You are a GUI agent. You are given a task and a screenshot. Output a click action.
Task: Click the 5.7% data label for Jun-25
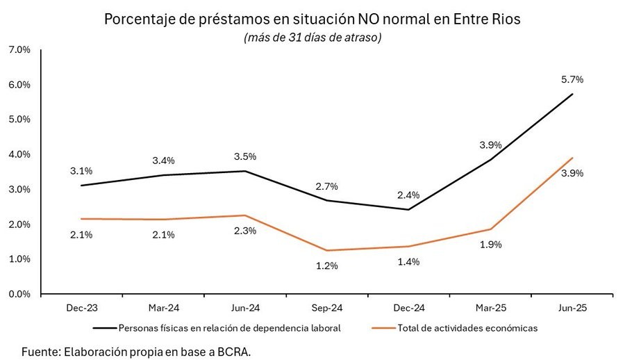click(x=572, y=79)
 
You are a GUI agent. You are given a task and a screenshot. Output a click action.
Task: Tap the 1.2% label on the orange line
click(x=327, y=265)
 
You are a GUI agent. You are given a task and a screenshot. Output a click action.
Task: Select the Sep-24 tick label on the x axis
click(x=327, y=309)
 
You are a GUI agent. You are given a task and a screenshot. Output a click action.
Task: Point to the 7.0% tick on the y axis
click(x=19, y=50)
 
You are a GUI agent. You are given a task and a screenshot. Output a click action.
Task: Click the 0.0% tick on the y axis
click(x=19, y=294)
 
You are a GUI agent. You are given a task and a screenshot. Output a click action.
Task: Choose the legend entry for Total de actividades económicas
click(x=466, y=327)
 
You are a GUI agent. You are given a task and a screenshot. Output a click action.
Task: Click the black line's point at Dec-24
click(x=408, y=210)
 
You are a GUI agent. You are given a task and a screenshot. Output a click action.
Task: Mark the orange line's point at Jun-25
click(x=572, y=158)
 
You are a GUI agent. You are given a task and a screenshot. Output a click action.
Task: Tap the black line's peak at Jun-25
click(x=572, y=94)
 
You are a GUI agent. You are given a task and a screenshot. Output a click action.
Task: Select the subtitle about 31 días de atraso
click(x=312, y=38)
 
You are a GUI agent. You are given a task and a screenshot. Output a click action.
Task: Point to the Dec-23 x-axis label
click(x=81, y=309)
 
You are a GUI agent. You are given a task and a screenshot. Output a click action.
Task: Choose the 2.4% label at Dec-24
click(x=408, y=195)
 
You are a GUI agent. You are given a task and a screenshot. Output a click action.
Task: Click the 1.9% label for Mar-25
click(x=490, y=245)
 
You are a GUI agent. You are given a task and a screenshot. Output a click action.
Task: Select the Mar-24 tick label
click(x=163, y=309)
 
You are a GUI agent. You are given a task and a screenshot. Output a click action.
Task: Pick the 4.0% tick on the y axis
click(x=19, y=154)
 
